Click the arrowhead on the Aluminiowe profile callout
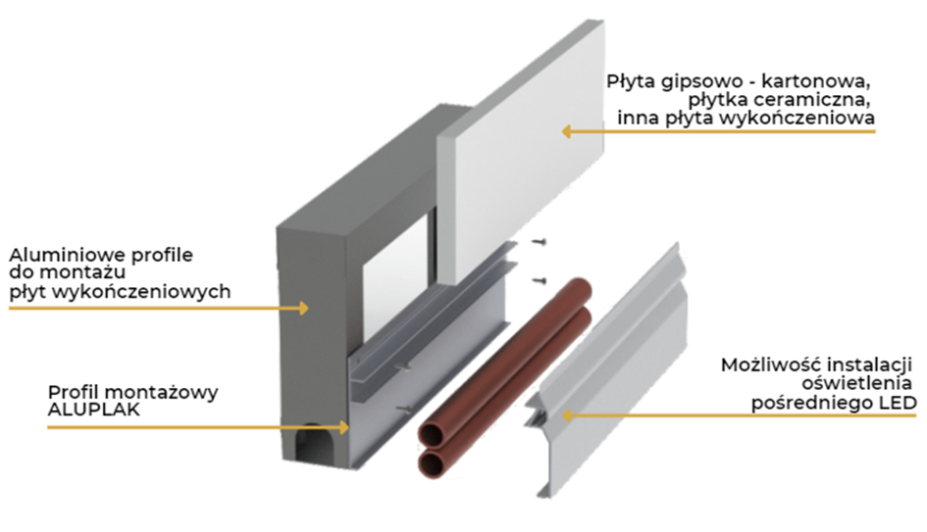304,307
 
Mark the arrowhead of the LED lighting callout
565,415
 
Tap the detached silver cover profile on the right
608,372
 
